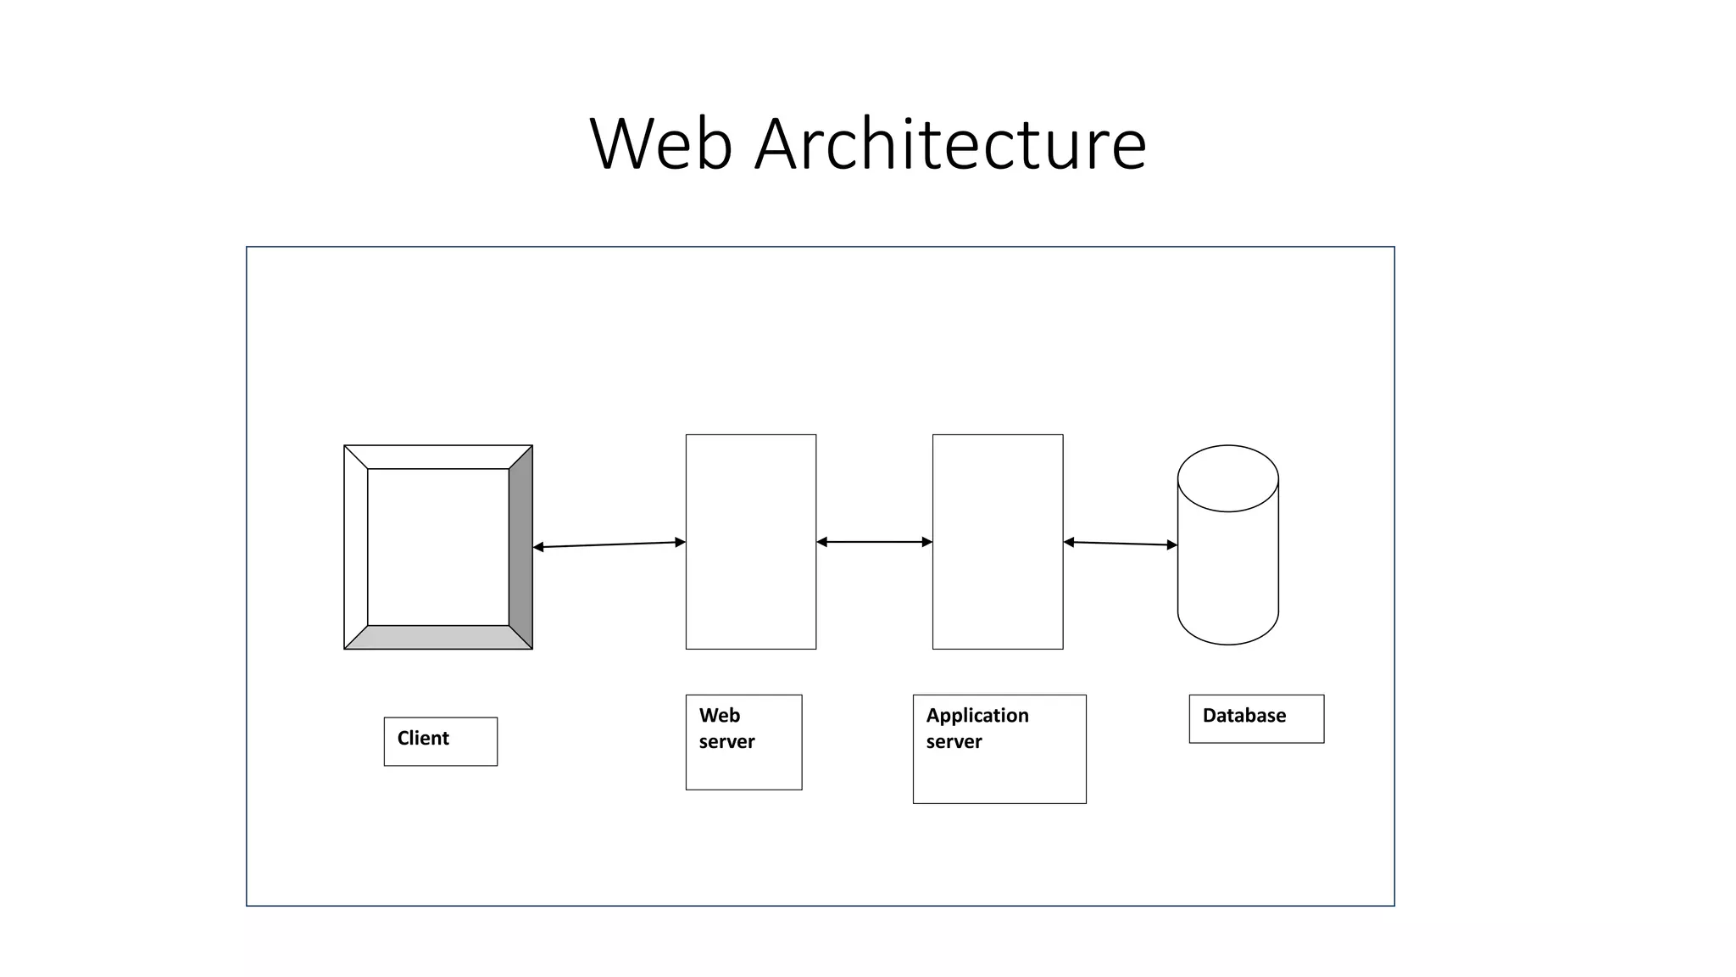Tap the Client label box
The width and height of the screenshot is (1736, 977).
coord(440,741)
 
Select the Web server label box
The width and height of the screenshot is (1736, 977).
coord(743,742)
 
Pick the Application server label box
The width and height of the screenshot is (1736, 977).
coord(999,749)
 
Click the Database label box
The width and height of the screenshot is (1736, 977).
coord(1255,718)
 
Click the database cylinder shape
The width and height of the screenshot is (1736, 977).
coord(1227,577)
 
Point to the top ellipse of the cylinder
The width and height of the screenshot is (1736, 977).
coord(1227,478)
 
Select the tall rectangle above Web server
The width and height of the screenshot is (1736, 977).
coord(750,542)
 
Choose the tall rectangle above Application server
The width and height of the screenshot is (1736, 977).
coord(997,542)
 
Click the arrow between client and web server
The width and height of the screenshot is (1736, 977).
coord(609,544)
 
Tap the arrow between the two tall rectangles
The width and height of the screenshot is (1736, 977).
coord(874,542)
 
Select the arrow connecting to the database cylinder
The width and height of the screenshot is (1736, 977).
coord(1120,544)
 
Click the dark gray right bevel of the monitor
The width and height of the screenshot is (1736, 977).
coord(520,547)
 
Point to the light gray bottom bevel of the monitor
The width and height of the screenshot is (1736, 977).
coord(438,638)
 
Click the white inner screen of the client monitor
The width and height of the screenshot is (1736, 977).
coord(438,547)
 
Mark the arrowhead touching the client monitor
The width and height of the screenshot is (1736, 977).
coord(538,547)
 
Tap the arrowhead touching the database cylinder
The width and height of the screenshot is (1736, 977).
coord(1172,545)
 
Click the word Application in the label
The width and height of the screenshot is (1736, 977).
coord(976,716)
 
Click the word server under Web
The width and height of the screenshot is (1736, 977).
coord(726,742)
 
